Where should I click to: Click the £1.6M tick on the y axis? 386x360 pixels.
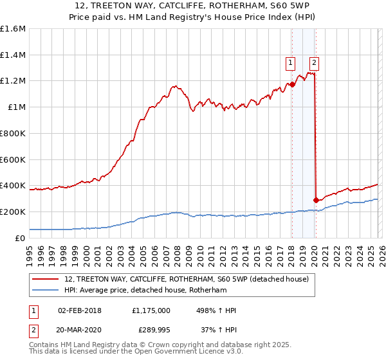(x=13, y=29)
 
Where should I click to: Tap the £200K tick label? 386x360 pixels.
(x=13, y=212)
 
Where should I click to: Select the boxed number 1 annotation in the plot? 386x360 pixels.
(x=291, y=62)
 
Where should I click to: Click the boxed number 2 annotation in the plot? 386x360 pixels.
(x=314, y=62)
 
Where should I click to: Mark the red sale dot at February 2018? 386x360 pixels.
(x=292, y=84)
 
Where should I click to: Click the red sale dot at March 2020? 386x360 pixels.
(x=316, y=200)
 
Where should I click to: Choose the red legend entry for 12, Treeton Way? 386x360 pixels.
(x=187, y=279)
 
